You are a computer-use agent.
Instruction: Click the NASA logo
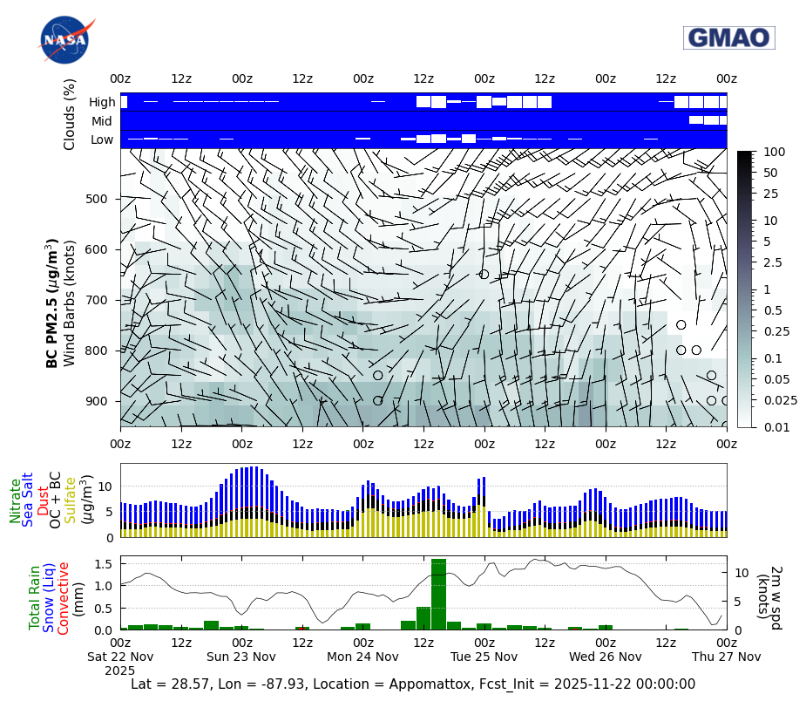pos(64,40)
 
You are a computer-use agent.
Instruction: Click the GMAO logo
pos(728,37)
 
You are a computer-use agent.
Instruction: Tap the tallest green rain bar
pos(438,594)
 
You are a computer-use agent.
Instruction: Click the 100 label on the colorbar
pos(772,152)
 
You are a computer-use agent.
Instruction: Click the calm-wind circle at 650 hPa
pos(484,275)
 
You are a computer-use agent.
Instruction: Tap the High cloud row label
pos(101,102)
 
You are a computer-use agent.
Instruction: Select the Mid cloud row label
pos(103,121)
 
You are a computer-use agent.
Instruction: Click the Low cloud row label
pos(102,140)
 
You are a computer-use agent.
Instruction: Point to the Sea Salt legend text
pos(28,501)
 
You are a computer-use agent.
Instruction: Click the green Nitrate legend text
pos(15,500)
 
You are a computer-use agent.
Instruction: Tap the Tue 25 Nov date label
pos(484,657)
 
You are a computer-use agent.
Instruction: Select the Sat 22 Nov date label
pos(122,657)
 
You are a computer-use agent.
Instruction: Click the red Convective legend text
pos(63,598)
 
